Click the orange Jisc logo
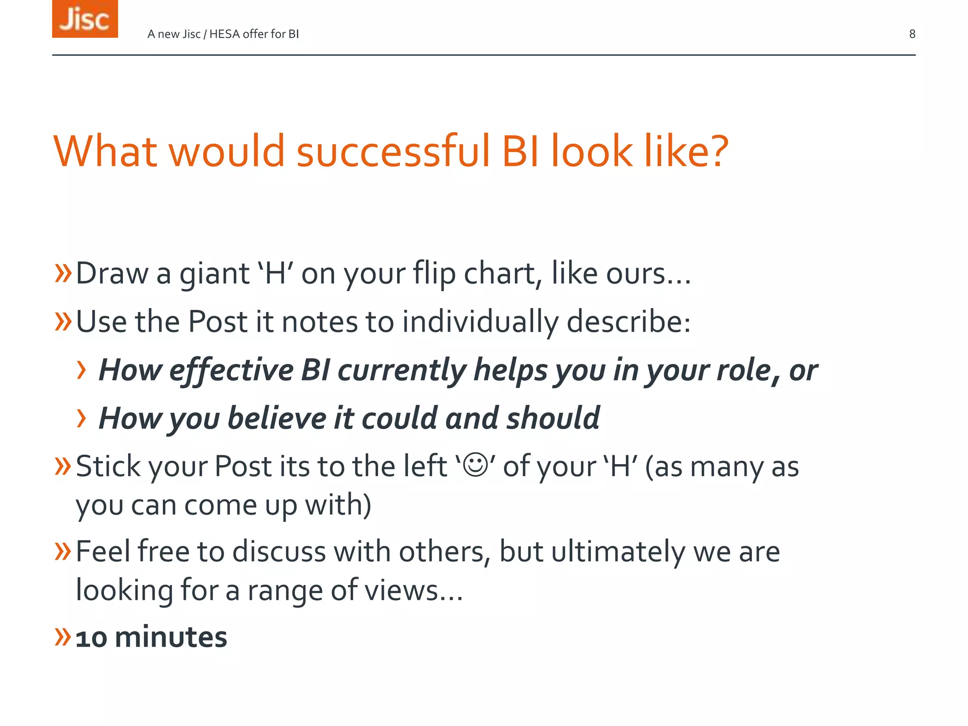pos(85,19)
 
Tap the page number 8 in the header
pos(912,34)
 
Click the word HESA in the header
pos(224,34)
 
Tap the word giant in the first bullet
pos(214,274)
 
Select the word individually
pos(480,322)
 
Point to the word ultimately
pos(618,552)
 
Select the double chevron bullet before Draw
pos(63,273)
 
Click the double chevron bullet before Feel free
pos(63,551)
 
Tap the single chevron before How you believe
pos(82,418)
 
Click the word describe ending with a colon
pos(629,322)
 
